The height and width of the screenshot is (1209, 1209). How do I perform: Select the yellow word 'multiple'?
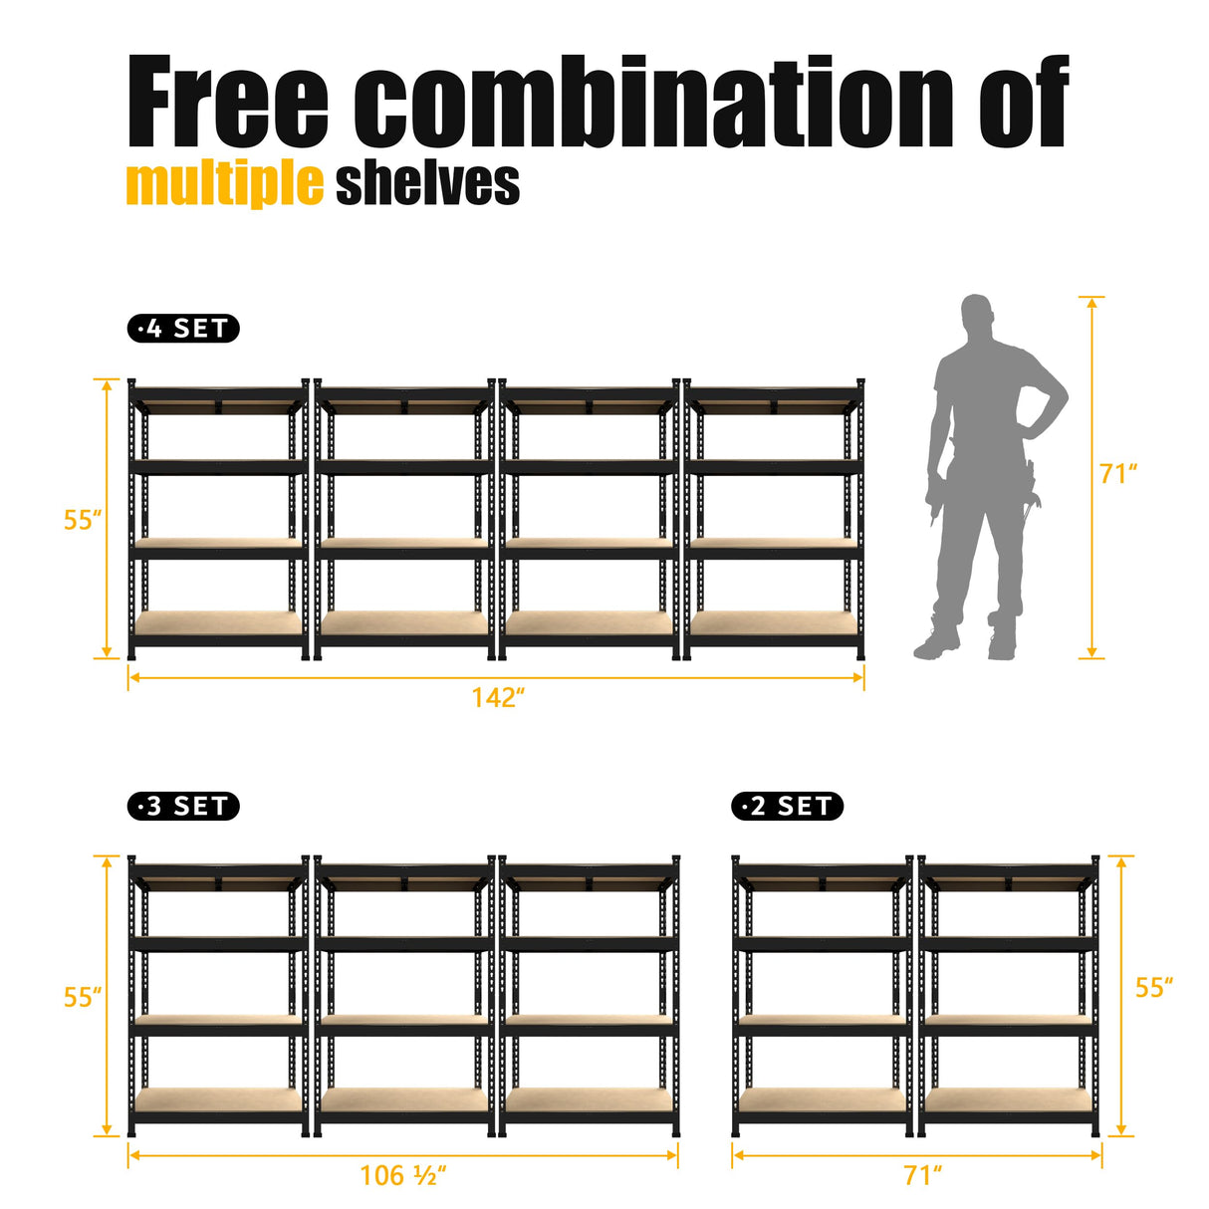(x=224, y=184)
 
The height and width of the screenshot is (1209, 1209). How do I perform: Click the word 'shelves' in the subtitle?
(x=427, y=184)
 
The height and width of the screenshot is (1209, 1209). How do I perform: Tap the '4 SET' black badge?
(x=183, y=329)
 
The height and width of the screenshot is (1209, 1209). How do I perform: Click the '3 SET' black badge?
(x=183, y=806)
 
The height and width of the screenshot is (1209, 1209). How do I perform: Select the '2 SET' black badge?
(x=787, y=806)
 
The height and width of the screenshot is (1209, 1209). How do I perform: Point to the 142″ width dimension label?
(x=498, y=697)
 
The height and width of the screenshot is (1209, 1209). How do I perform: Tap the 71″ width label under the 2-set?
(x=922, y=1175)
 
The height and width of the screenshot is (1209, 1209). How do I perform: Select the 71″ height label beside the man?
(x=1118, y=474)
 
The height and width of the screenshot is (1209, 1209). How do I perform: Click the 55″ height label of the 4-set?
(x=83, y=520)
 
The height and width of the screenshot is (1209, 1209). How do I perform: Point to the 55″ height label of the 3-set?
(x=83, y=997)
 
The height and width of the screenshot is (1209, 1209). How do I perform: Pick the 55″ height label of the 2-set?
(x=1154, y=987)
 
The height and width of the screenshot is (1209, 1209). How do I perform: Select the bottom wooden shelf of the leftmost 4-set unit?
(x=218, y=623)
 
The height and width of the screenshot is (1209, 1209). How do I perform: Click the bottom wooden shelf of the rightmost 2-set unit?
(x=1008, y=1099)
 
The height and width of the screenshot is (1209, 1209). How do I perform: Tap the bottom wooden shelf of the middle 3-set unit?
(x=403, y=1099)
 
